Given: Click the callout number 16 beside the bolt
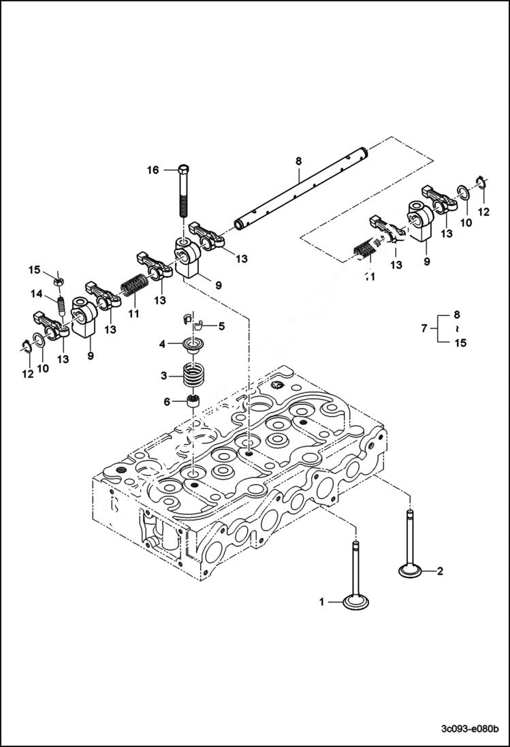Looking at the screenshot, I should [x=153, y=170].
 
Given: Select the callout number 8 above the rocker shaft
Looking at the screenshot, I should [x=298, y=161].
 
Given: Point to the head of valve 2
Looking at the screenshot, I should [x=411, y=569].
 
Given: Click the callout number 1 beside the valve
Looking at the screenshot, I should [x=322, y=601].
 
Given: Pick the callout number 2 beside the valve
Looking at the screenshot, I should [x=440, y=571].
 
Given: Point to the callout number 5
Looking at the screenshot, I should [x=221, y=326].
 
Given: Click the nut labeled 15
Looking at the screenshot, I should [x=58, y=279].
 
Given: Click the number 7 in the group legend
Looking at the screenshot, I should [x=424, y=329].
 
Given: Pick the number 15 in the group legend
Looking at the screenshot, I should [x=460, y=343].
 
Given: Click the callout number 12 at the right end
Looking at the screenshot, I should [x=483, y=212].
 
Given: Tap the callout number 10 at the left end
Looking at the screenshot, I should [x=43, y=368].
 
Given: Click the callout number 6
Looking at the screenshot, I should [x=166, y=402].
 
